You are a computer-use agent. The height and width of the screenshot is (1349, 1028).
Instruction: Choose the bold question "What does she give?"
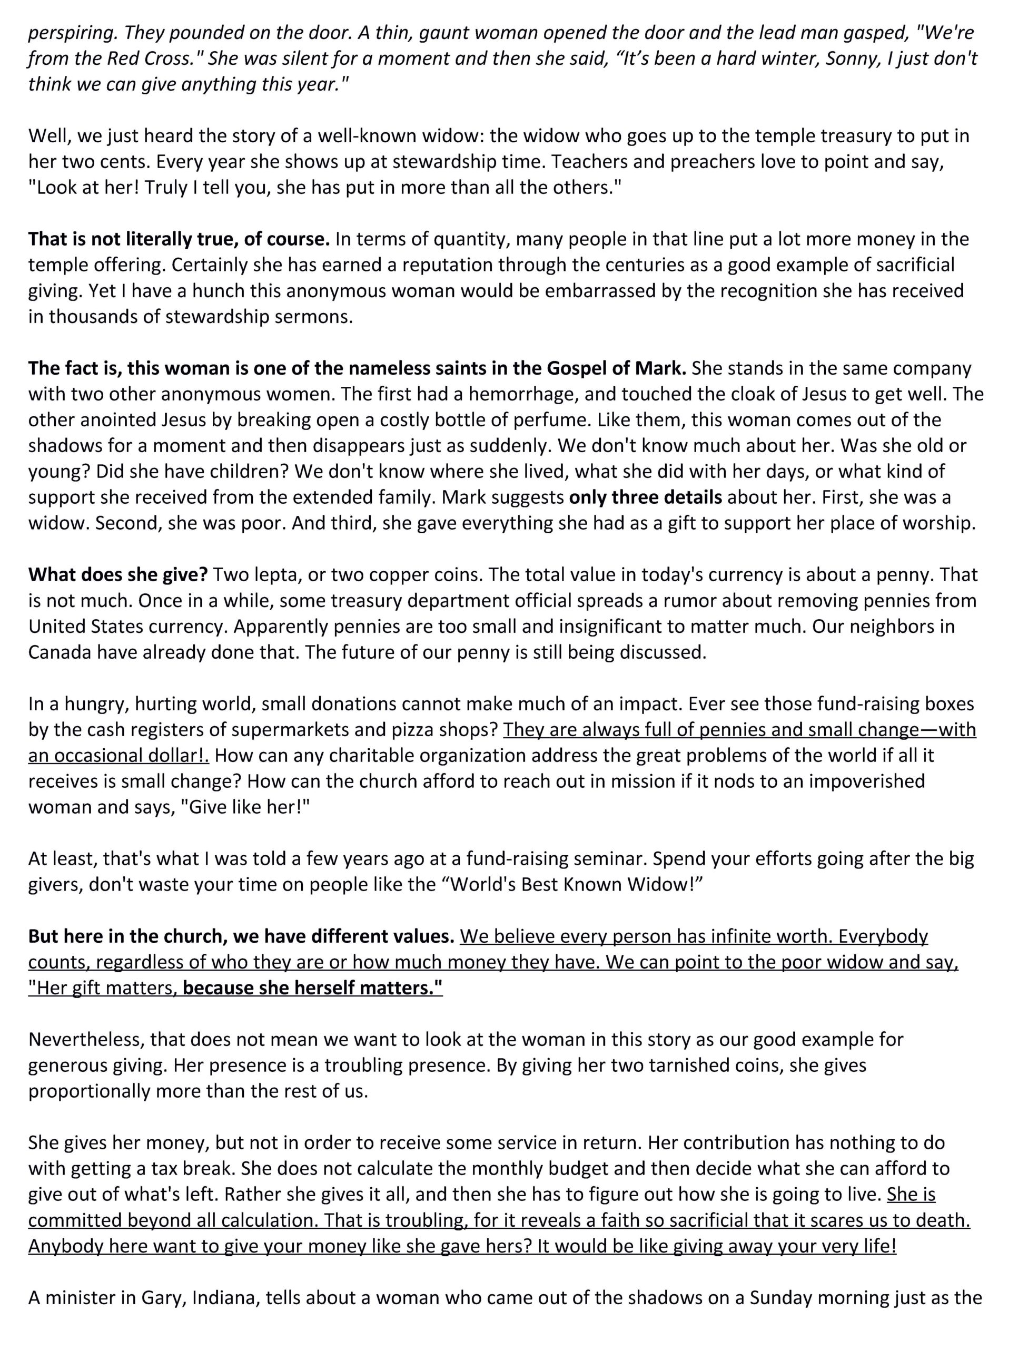click(x=118, y=574)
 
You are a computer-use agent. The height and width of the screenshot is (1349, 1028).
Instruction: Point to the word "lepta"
click(x=268, y=574)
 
